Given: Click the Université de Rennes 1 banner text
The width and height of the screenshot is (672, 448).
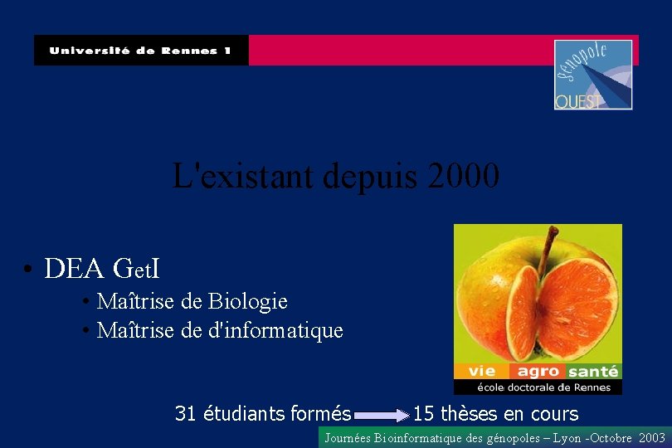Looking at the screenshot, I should click(139, 51).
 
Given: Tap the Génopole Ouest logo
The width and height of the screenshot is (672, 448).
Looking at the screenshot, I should click(593, 75).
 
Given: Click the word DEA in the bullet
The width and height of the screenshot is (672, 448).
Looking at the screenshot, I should click(74, 269).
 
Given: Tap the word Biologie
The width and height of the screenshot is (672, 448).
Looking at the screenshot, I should click(248, 300).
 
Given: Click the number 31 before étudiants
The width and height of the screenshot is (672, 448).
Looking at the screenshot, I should click(185, 413).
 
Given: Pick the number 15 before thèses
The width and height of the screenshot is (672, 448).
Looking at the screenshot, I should click(423, 413).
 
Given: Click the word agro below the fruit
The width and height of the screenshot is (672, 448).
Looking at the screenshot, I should click(538, 372).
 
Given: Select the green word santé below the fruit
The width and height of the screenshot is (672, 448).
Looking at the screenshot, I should click(594, 372).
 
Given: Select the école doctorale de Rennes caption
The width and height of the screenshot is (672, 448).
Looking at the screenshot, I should click(543, 387).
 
